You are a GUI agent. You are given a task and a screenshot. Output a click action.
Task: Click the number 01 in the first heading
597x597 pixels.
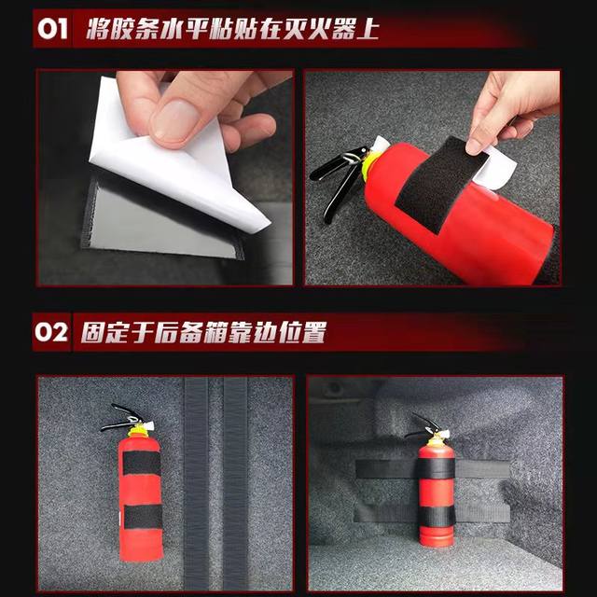53,28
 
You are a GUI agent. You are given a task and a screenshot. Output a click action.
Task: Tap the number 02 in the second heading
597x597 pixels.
53,333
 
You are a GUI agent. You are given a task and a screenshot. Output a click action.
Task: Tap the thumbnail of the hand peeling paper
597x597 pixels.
165,177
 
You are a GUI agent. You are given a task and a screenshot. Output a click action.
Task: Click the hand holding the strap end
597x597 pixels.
508,112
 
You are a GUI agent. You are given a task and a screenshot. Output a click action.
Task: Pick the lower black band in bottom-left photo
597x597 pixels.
142,517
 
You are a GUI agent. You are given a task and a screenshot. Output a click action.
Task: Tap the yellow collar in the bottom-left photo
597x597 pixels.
138,432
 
